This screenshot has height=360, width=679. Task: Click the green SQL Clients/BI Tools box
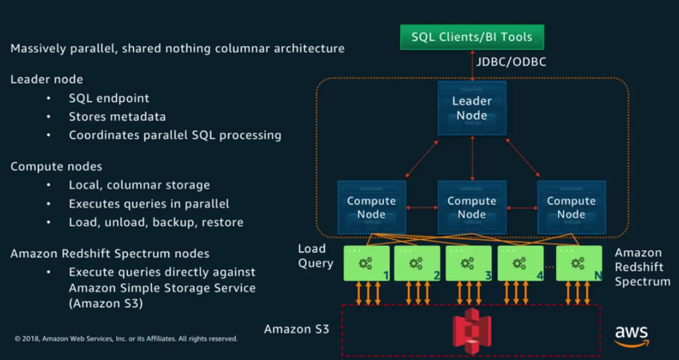[x=472, y=37]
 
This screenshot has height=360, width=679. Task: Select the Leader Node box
[x=472, y=108]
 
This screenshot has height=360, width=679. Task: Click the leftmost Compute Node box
[x=371, y=208]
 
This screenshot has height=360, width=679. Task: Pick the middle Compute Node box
[x=472, y=208]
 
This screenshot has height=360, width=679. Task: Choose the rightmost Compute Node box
[x=571, y=208]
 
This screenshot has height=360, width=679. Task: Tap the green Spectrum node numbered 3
[x=468, y=264]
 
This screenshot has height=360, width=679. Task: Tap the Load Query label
[x=315, y=256]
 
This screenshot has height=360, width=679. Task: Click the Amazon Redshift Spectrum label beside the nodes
[x=642, y=267]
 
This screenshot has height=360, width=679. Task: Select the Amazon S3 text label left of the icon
[x=297, y=329]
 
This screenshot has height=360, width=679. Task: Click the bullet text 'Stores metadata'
[x=117, y=116]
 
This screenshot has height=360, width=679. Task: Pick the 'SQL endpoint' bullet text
[x=109, y=98]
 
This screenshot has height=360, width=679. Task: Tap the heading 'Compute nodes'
[x=57, y=166]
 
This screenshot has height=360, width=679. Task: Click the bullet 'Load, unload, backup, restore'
[x=156, y=222]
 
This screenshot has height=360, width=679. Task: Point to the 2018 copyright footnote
[x=126, y=338]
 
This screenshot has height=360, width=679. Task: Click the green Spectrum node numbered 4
[x=520, y=264]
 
